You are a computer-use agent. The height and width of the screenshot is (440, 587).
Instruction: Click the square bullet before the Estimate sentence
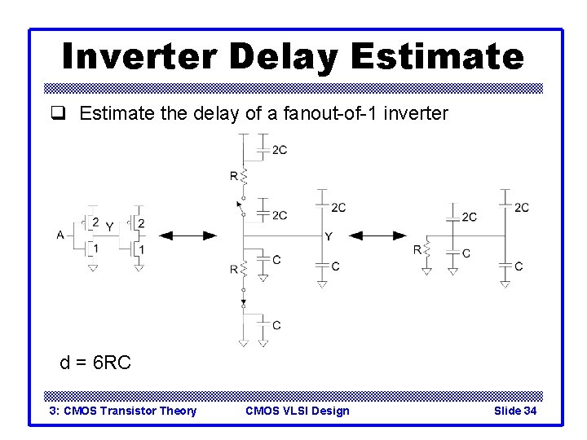point(68,113)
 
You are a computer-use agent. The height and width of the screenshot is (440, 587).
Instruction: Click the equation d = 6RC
point(95,363)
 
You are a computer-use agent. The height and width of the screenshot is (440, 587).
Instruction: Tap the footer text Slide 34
point(515,411)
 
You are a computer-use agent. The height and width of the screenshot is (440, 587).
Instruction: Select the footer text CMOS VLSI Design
point(297,411)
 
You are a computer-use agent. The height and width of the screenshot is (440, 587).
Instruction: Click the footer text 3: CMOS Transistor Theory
point(123,411)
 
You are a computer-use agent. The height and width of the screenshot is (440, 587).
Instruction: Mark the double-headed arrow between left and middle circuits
point(188,235)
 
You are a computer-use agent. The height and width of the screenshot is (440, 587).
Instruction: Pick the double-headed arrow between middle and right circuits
point(383,235)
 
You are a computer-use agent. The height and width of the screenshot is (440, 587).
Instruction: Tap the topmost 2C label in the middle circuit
point(279,150)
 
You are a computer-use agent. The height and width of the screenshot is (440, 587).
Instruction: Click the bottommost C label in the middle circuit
point(277,325)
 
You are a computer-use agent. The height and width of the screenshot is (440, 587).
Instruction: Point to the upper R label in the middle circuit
point(234,175)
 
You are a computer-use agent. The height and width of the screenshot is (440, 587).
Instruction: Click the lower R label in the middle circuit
point(234,268)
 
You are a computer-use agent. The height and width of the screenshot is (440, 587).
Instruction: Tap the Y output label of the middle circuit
point(329,236)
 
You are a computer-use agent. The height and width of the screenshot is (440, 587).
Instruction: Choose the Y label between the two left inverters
point(109,227)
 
